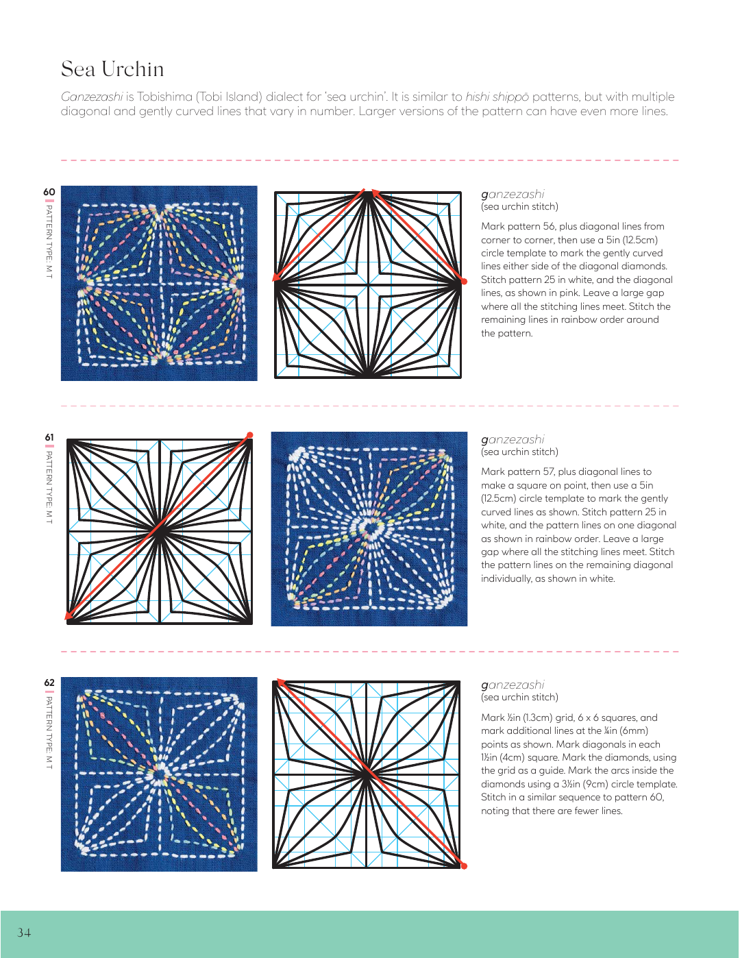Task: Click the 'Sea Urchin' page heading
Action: (x=112, y=69)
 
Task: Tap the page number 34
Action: (x=24, y=932)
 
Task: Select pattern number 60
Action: (x=49, y=192)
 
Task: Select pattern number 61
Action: (x=49, y=437)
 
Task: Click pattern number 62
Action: (x=49, y=683)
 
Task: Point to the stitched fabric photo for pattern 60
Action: (x=159, y=283)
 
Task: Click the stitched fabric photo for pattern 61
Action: (x=369, y=529)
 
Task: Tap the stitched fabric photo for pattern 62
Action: (x=159, y=774)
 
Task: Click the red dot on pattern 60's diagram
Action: (x=464, y=281)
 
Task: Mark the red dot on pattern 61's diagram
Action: (x=250, y=435)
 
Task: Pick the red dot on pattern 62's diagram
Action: (x=464, y=866)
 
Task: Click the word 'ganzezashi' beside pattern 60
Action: (x=513, y=194)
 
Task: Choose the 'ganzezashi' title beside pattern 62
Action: (x=513, y=685)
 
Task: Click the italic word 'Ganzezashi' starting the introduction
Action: (x=92, y=97)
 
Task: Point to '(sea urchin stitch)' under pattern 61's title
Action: (x=519, y=452)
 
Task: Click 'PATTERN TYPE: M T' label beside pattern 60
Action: (x=49, y=241)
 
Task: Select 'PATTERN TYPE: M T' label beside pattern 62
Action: (x=49, y=731)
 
